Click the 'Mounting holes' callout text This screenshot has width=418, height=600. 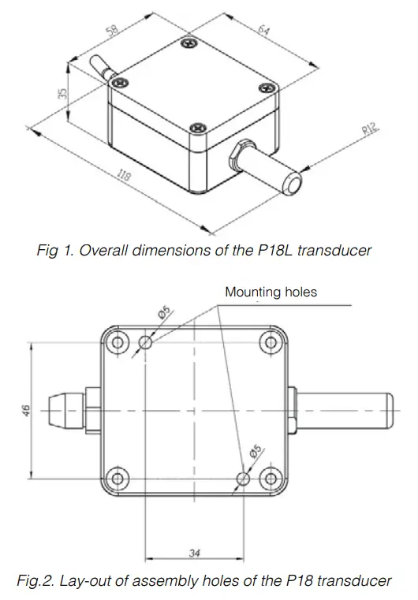point(271,292)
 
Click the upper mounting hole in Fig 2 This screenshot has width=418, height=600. point(146,343)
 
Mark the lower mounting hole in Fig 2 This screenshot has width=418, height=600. point(244,479)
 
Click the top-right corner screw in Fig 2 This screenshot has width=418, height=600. point(271,343)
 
